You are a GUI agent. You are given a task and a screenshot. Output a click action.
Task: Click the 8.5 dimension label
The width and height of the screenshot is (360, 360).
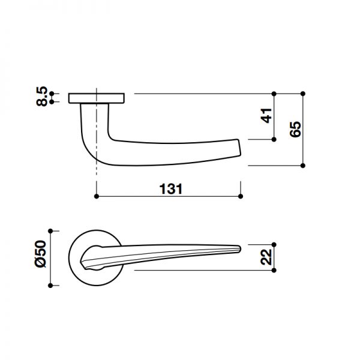[x=42, y=97]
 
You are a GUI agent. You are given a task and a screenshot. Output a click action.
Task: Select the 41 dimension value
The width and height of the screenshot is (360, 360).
[x=266, y=116]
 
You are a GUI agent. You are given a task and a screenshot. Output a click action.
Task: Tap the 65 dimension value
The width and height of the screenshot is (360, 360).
[x=295, y=129]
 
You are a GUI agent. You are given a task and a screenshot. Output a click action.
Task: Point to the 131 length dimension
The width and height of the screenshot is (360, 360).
[x=170, y=188]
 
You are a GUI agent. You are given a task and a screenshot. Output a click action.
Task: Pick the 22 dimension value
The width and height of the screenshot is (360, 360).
[x=266, y=257]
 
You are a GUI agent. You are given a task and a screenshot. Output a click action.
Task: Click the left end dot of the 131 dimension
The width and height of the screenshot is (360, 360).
[x=97, y=196]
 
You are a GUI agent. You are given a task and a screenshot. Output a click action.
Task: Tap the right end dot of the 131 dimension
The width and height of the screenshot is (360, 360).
[x=241, y=196]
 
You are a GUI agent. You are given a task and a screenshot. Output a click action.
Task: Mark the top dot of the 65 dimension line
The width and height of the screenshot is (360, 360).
[x=303, y=93]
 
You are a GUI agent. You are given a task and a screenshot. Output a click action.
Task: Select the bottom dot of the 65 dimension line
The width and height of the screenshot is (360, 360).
[x=303, y=165]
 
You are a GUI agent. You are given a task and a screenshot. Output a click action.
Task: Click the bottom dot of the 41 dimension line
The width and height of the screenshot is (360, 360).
[x=274, y=139]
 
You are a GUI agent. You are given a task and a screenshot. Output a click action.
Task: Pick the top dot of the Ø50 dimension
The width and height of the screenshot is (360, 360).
[x=51, y=230]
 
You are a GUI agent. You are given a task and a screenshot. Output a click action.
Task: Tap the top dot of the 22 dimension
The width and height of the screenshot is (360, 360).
[x=274, y=244]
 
